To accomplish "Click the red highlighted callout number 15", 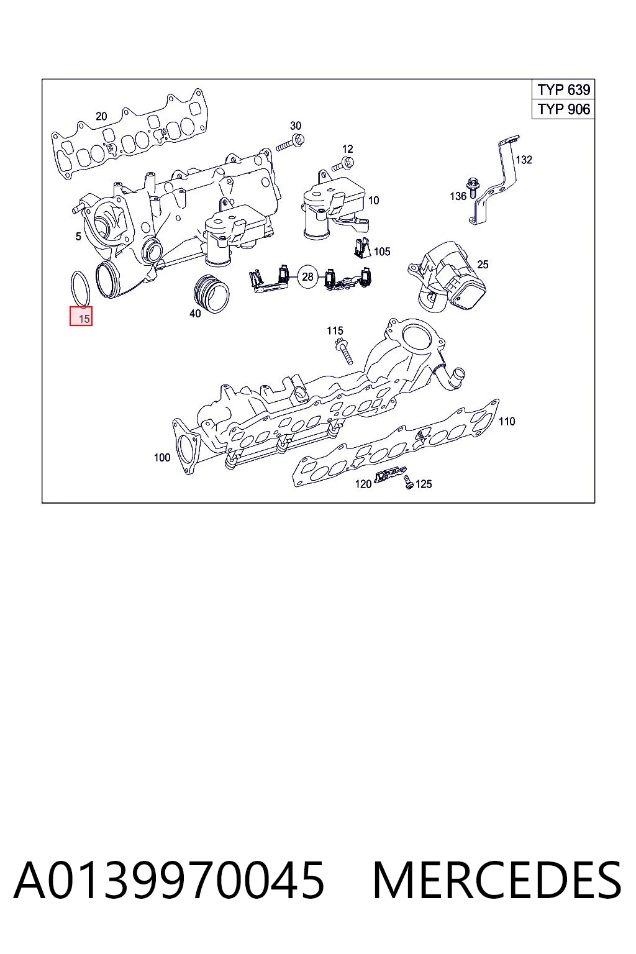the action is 81,316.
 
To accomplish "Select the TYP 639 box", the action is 563,89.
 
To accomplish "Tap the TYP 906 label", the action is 563,109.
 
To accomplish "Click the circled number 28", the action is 307,277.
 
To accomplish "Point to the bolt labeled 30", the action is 290,142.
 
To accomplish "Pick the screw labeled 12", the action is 343,165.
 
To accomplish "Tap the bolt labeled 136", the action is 472,188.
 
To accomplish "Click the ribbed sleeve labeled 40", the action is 212,293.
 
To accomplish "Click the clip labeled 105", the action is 362,247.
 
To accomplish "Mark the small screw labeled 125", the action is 409,482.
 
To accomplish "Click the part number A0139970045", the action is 169,880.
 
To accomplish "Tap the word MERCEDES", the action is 497,880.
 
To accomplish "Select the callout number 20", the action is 101,116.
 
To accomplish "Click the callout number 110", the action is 507,422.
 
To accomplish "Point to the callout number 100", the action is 162,458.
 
